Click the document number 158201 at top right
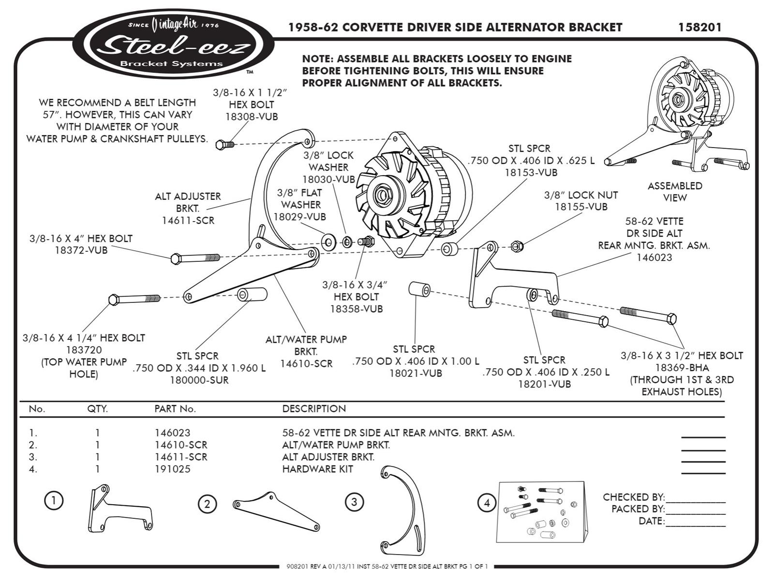tap(700, 28)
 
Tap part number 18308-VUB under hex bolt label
tap(252, 117)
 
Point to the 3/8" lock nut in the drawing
tap(517, 246)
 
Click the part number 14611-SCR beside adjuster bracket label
tap(188, 221)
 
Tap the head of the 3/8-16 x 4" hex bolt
tap(176, 259)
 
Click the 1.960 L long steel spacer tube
tap(252, 294)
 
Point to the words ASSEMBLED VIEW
tap(674, 192)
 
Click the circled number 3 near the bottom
tap(354, 502)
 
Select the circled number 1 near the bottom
tap(54, 500)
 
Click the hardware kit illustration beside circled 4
tap(542, 512)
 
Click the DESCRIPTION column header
tap(314, 409)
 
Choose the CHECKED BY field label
tap(633, 497)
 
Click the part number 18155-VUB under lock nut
tap(580, 207)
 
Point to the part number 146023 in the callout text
tap(654, 257)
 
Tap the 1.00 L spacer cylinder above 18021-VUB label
tap(419, 289)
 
